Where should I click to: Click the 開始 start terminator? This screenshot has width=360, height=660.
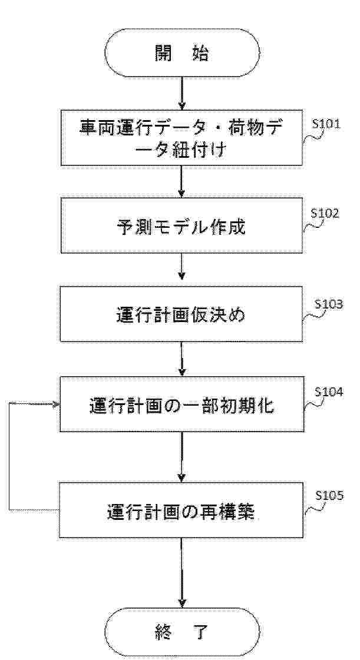[x=181, y=52]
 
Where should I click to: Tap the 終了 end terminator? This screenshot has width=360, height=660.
[x=181, y=632]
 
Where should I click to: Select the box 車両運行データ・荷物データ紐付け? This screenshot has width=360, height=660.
[x=181, y=137]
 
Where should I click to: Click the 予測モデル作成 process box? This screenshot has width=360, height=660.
[x=181, y=225]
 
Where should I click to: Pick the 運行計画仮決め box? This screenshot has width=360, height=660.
[x=181, y=314]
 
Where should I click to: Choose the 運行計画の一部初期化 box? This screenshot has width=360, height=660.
[x=181, y=404]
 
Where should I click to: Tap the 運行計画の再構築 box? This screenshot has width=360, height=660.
[x=181, y=510]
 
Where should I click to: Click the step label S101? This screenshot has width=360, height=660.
[x=327, y=125]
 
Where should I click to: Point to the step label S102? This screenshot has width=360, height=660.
[x=325, y=213]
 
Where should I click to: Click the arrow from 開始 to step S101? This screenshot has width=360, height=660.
[x=181, y=93]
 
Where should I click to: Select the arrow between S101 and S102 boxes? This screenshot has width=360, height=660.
[x=181, y=181]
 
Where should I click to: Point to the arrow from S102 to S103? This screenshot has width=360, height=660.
[x=181, y=270]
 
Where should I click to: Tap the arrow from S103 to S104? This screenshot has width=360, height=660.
[x=181, y=359]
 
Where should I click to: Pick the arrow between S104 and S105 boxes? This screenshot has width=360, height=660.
[x=181, y=457]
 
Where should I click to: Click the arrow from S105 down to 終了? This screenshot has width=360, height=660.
[x=181, y=573]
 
